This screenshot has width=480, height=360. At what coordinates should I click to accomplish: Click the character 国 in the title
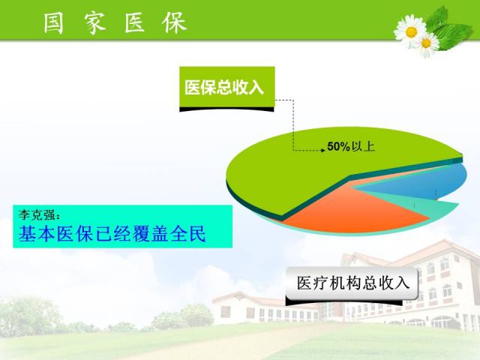click(x=53, y=23)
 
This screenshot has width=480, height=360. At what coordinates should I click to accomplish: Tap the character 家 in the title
click(x=95, y=23)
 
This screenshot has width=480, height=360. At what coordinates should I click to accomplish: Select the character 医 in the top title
click(x=135, y=23)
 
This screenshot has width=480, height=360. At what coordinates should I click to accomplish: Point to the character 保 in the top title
click(x=175, y=22)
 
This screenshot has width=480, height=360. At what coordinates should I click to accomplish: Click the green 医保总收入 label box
click(x=226, y=88)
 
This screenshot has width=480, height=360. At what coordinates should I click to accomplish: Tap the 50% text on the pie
click(x=338, y=146)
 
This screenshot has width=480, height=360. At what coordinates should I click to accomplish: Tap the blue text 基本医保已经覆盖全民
click(x=112, y=234)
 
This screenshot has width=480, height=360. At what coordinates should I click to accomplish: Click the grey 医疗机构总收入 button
click(x=352, y=283)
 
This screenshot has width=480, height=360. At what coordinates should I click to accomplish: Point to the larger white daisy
click(x=410, y=31)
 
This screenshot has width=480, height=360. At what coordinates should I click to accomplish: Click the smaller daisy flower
click(x=426, y=43)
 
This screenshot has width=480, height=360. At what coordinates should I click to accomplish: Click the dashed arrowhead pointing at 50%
click(x=322, y=150)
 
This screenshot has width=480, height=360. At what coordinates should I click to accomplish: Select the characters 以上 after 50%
click(x=363, y=146)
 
